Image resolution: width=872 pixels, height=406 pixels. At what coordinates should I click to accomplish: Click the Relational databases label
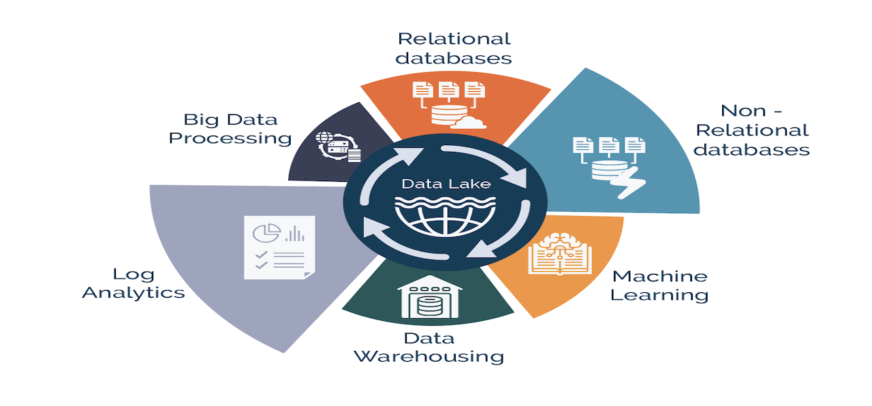tap(454, 48)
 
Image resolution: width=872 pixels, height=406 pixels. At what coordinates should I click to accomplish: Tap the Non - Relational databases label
tap(751, 129)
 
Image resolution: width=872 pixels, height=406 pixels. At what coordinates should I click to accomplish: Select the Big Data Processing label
tap(230, 129)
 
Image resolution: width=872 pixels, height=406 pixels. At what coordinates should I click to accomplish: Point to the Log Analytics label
tap(134, 283)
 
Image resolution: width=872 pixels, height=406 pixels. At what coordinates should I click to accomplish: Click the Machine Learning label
tap(659, 285)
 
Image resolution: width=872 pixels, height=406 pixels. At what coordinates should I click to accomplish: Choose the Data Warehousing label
tap(429, 347)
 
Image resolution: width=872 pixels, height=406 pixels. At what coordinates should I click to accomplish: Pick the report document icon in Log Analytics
tap(279, 247)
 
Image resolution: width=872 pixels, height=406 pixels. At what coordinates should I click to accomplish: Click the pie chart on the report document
tap(266, 232)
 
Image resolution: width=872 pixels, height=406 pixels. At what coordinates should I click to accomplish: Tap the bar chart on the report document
tap(294, 234)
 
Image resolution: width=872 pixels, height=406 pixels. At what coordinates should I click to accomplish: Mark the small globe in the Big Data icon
tap(324, 138)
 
